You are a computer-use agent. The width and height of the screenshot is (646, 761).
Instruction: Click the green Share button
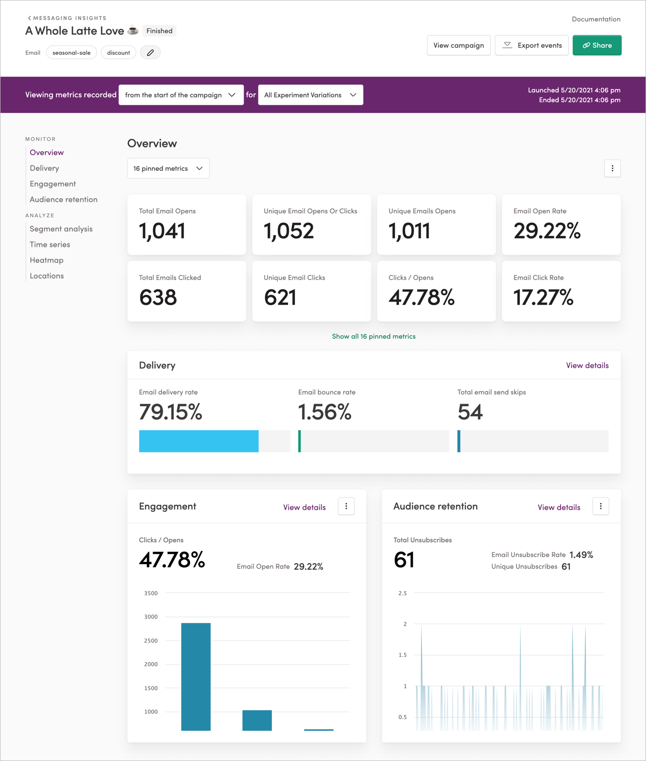tap(597, 45)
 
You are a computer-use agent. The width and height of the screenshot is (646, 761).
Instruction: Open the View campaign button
tap(458, 45)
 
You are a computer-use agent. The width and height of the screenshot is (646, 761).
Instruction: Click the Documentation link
tap(596, 19)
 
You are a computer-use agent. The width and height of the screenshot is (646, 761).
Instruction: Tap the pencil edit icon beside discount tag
tap(150, 52)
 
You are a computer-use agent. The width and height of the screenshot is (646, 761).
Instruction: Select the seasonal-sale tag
tap(72, 52)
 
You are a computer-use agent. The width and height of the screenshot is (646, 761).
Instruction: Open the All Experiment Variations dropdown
tap(311, 95)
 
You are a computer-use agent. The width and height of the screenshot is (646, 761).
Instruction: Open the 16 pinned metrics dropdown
tap(168, 168)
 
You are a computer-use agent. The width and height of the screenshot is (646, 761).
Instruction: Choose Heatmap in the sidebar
tap(47, 260)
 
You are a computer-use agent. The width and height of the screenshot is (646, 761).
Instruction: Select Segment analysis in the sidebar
tap(61, 229)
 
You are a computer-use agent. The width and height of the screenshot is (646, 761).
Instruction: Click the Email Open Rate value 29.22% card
tap(561, 225)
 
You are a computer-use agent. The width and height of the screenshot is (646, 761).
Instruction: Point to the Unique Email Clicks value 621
tap(280, 297)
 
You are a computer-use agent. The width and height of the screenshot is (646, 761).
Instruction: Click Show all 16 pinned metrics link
tap(374, 336)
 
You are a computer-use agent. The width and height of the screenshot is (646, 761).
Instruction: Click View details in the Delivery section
tap(587, 365)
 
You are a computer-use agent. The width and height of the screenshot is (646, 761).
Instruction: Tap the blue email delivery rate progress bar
tap(198, 441)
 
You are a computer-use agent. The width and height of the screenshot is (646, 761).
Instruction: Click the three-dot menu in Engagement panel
tap(346, 506)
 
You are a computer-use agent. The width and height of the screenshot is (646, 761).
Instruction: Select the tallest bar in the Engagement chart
tap(196, 676)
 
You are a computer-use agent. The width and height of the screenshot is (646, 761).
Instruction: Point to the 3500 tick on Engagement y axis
tap(151, 593)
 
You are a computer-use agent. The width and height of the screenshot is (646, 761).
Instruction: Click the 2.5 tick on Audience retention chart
tap(402, 593)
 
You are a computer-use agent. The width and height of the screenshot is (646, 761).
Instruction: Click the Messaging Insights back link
tap(67, 18)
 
